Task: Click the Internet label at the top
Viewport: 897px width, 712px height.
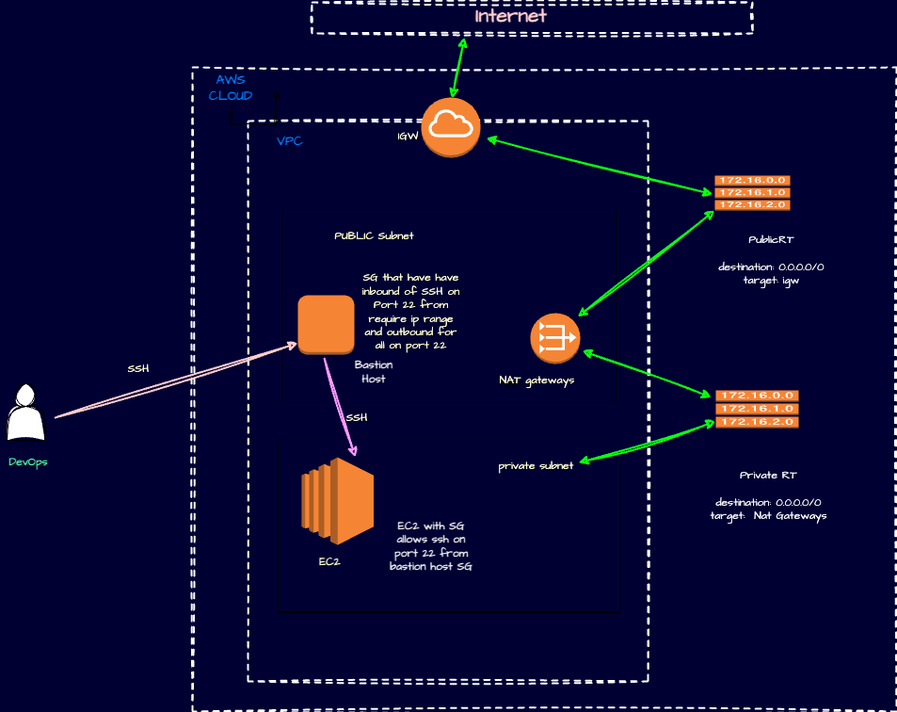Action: [x=510, y=16]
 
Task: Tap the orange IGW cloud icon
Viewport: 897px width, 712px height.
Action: [x=451, y=126]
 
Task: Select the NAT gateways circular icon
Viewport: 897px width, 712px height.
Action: [x=554, y=338]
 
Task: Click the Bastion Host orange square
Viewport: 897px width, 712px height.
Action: [x=326, y=325]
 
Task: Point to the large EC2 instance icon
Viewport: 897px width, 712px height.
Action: [x=337, y=499]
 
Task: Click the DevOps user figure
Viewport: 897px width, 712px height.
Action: [x=26, y=413]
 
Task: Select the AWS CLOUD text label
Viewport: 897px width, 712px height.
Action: [x=230, y=88]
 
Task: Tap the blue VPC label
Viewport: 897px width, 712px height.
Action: [x=289, y=141]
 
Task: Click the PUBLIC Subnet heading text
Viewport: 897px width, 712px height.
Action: [x=374, y=235]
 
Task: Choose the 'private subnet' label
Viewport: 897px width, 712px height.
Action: [x=536, y=466]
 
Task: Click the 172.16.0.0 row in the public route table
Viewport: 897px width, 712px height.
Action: [x=752, y=180]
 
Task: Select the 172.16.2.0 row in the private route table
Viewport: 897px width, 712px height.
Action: [x=757, y=422]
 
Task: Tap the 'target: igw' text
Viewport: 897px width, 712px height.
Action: [x=770, y=281]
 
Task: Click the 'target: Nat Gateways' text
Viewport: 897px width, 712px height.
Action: [x=768, y=516]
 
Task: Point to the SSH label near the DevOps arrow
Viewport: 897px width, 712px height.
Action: [x=138, y=368]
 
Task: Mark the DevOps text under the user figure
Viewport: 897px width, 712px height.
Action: [x=27, y=462]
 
